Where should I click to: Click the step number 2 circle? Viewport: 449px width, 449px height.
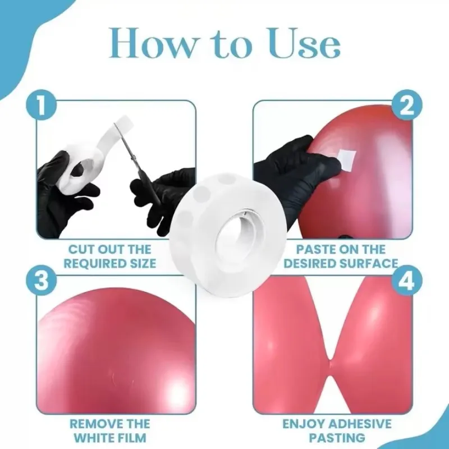coord(407,106)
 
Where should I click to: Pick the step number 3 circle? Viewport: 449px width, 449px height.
coord(42,280)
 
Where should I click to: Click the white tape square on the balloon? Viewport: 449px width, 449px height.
coord(346,158)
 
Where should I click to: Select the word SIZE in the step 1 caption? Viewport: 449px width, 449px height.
coord(143,263)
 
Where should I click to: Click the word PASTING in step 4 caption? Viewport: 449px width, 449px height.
coord(337,438)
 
